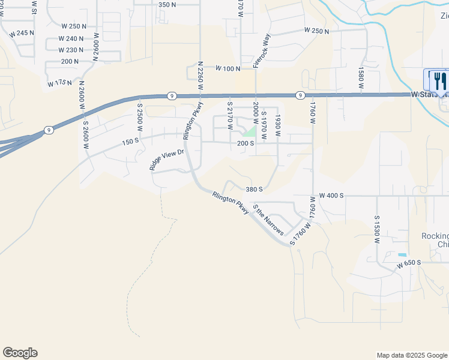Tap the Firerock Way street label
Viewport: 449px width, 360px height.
259,50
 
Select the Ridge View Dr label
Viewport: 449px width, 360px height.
166,160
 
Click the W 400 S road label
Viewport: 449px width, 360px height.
331,196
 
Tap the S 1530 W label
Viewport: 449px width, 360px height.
377,229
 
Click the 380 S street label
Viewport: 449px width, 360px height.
255,189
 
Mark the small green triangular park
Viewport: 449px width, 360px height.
250,131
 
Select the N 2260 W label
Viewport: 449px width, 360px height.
199,76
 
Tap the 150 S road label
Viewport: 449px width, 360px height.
130,142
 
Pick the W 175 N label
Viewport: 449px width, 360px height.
61,83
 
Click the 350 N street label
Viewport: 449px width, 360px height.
167,5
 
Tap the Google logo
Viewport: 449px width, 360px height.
20,353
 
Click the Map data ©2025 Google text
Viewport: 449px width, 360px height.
411,355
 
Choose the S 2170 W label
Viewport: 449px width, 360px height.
229,116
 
